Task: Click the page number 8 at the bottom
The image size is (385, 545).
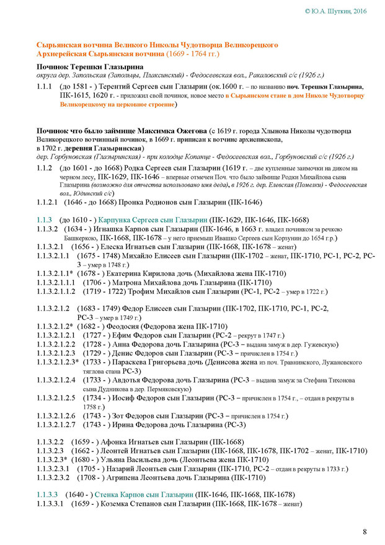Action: (x=365, y=531)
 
